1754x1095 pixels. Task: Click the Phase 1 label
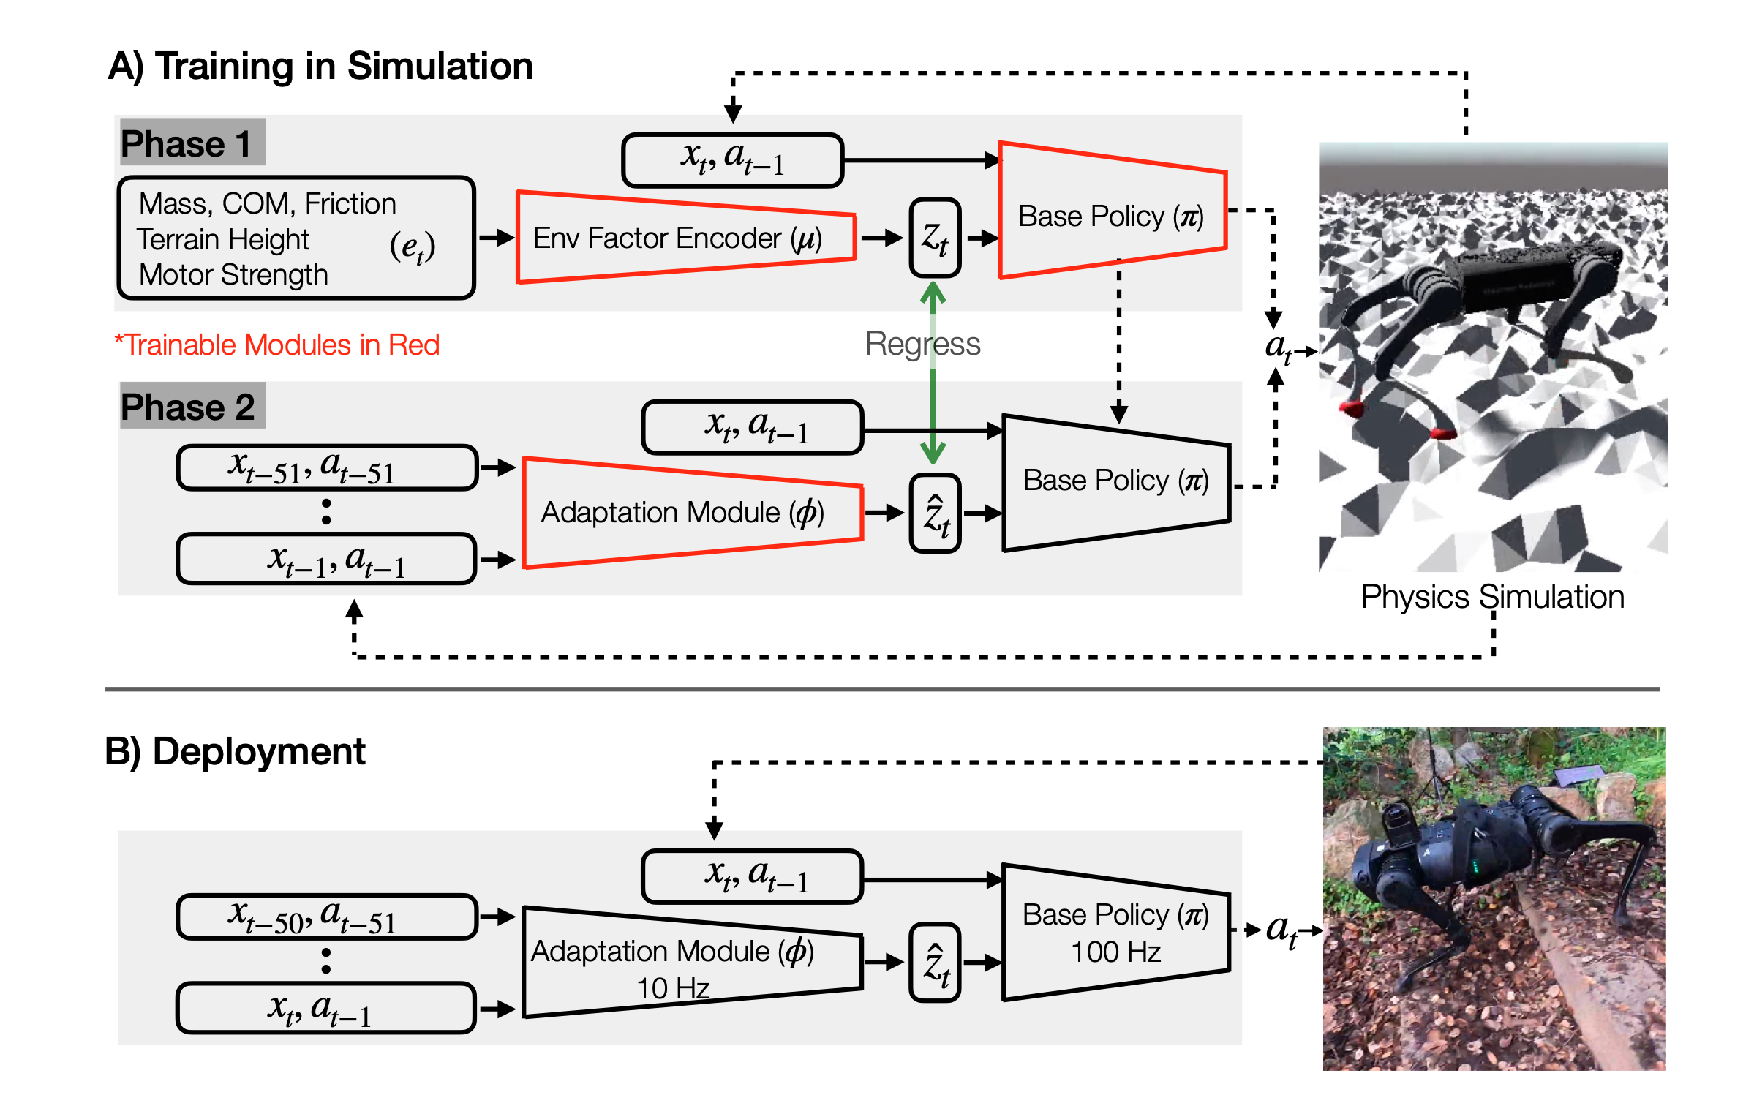point(187,143)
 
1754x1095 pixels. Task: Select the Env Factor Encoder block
point(686,237)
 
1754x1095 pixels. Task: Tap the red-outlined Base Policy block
point(1113,211)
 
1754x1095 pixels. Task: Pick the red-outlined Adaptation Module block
point(693,512)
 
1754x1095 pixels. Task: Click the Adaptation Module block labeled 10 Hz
point(693,962)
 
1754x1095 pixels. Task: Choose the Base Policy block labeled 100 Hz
point(1116,933)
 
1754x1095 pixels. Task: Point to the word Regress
point(922,344)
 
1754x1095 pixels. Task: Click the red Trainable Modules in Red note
point(277,345)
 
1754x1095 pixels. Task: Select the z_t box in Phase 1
point(935,238)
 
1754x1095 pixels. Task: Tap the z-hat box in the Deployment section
point(935,962)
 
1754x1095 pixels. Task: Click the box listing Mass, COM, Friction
point(296,238)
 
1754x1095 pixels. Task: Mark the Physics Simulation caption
point(1492,597)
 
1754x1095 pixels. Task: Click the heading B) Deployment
point(235,752)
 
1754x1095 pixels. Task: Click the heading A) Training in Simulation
point(320,67)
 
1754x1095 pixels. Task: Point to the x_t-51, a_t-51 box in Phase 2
point(327,467)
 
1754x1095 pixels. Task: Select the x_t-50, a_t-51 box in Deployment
point(327,917)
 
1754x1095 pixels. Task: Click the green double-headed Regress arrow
point(933,372)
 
